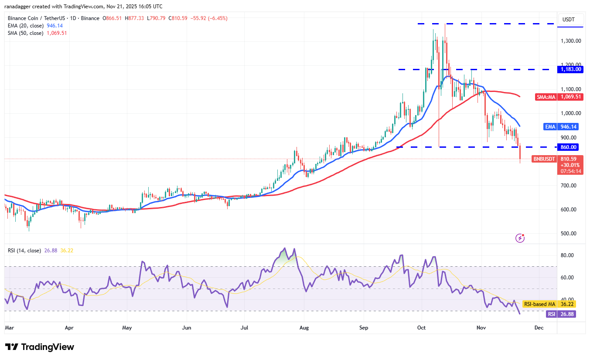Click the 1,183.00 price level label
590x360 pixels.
571,69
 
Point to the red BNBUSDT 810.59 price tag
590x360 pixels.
558,159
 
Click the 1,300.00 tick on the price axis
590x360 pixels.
571,41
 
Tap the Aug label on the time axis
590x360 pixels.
304,327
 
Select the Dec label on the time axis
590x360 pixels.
539,327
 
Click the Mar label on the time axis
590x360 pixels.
9,327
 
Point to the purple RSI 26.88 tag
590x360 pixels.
561,314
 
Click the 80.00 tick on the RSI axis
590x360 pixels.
567,255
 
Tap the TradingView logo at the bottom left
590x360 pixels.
40,347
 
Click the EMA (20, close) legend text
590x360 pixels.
25,26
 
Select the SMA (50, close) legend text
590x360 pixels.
26,33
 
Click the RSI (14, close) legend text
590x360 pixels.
24,251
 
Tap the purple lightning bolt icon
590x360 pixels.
520,238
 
